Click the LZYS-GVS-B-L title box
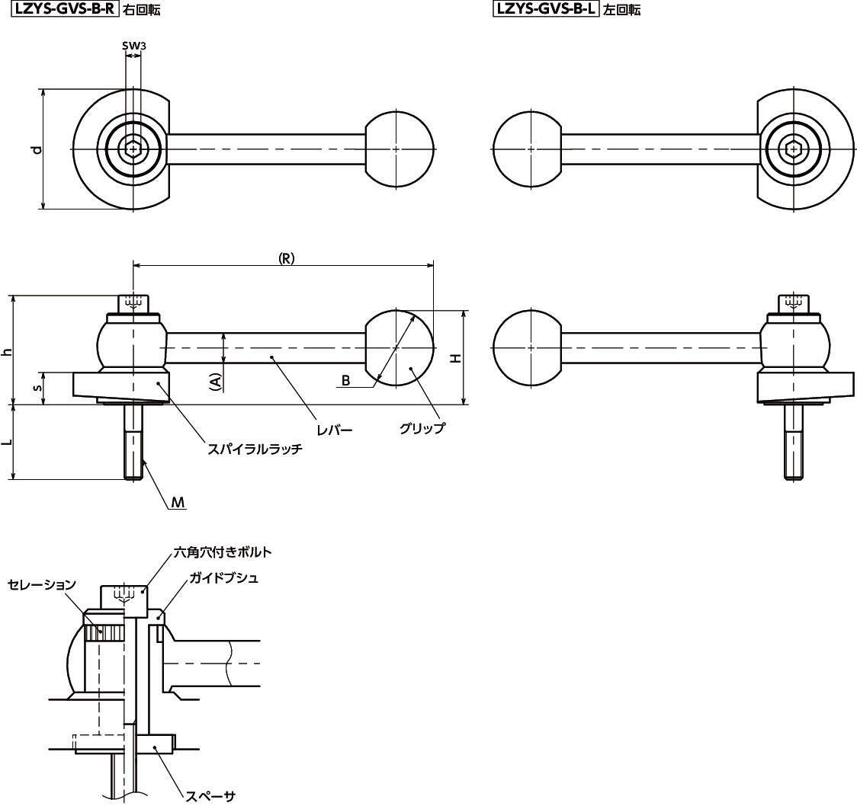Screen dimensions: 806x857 (546, 9)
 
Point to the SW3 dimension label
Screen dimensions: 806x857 (134, 46)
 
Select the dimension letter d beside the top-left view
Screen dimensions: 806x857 (35, 149)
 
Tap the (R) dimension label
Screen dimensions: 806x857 (286, 258)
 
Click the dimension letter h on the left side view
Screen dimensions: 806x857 (8, 351)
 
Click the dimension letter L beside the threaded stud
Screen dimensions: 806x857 (8, 443)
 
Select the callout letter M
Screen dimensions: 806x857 (177, 503)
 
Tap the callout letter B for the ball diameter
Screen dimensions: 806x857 (345, 380)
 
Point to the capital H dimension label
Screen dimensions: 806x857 (455, 357)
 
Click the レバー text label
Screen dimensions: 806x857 (335, 430)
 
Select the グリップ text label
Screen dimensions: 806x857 (422, 428)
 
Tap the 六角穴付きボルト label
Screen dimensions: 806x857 (223, 552)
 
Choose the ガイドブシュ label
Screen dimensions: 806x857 (224, 578)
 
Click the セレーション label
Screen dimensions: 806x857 (42, 584)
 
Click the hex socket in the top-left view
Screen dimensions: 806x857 (133, 149)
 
